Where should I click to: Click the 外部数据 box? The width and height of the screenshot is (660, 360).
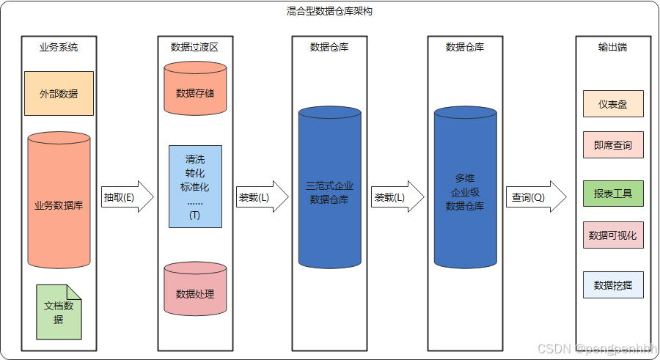(x=59, y=93)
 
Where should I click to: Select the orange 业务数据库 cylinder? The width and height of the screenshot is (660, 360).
(x=59, y=205)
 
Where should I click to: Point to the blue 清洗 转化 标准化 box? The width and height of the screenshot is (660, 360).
(x=195, y=186)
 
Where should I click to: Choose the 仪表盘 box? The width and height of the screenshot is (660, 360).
(x=613, y=104)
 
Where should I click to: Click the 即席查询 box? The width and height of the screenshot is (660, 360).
(x=613, y=145)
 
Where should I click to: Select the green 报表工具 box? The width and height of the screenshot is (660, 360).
(x=613, y=194)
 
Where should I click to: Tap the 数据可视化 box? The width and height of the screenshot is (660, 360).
(x=613, y=235)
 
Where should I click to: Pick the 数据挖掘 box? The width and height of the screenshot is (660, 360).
(x=613, y=284)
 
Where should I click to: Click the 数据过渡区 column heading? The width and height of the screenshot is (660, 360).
(x=194, y=47)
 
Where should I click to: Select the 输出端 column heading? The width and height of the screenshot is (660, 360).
(x=612, y=47)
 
